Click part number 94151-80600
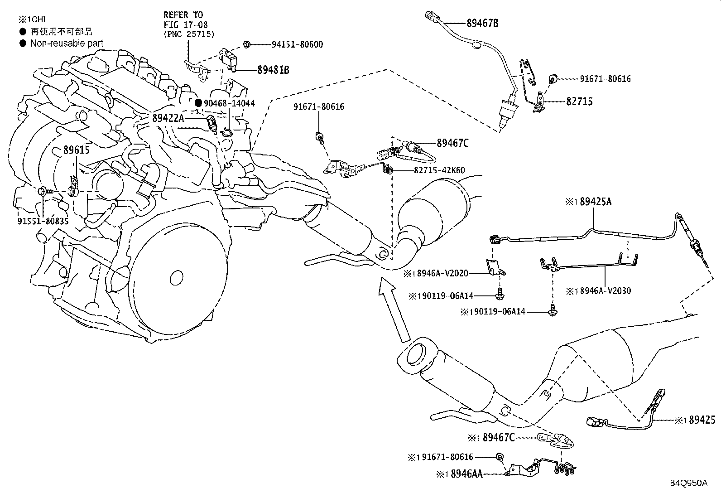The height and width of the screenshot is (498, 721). [297, 44]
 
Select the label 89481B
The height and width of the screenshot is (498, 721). [273, 70]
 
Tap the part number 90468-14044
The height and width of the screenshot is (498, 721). [229, 103]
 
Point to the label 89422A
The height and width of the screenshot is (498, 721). [168, 118]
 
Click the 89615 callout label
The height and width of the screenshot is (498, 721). [76, 150]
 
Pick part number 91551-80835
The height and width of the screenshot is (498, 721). [43, 221]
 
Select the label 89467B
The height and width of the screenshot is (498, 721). [482, 23]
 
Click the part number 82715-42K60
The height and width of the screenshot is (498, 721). [439, 170]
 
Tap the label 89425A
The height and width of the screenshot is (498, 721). [596, 202]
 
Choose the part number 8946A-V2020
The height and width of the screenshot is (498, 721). [442, 274]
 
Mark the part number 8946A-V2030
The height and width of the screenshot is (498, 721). [606, 291]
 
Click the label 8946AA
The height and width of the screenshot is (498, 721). [467, 474]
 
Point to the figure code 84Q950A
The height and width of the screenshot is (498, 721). [689, 483]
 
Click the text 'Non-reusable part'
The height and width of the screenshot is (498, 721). [67, 44]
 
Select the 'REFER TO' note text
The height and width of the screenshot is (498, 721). [183, 15]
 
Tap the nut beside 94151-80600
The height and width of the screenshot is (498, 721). [246, 44]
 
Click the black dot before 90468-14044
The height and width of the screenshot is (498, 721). [198, 103]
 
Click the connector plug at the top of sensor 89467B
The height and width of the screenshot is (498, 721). [432, 16]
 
